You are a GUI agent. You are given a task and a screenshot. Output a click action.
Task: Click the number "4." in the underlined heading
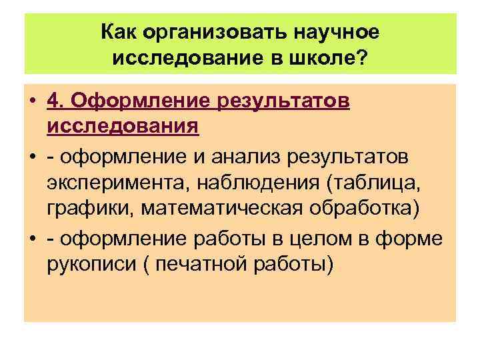pyautogui.click(x=56, y=101)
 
